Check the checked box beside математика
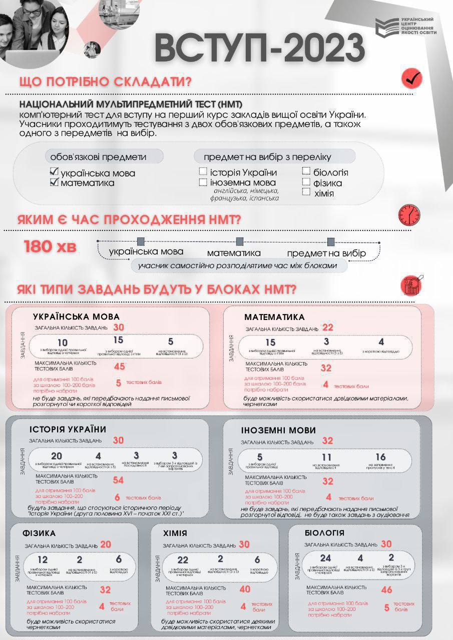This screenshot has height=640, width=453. click(55, 182)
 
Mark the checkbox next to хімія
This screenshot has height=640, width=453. click(306, 192)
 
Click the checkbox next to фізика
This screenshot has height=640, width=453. click(306, 182)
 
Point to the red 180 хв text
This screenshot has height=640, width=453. click(50, 246)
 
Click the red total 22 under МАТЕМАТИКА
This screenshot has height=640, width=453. click(328, 328)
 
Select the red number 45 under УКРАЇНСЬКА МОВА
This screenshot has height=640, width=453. click(120, 366)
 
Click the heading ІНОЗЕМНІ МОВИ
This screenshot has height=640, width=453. click(278, 430)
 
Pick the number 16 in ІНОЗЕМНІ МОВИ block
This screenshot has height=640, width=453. click(380, 457)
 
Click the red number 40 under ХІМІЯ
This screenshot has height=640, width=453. click(245, 589)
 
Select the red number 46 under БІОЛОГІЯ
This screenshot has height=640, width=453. click(386, 590)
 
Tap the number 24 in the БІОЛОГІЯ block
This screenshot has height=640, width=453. click(326, 558)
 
